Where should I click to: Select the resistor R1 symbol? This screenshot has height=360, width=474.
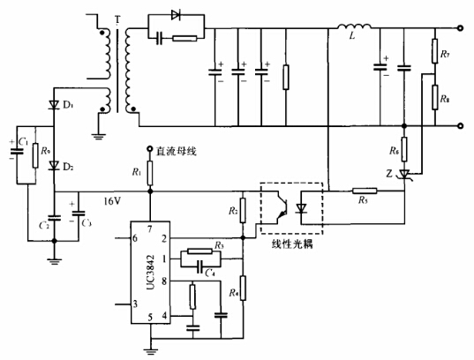(149, 173)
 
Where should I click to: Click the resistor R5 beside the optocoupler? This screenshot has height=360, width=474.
(361, 190)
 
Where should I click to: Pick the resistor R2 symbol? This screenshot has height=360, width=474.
(243, 211)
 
